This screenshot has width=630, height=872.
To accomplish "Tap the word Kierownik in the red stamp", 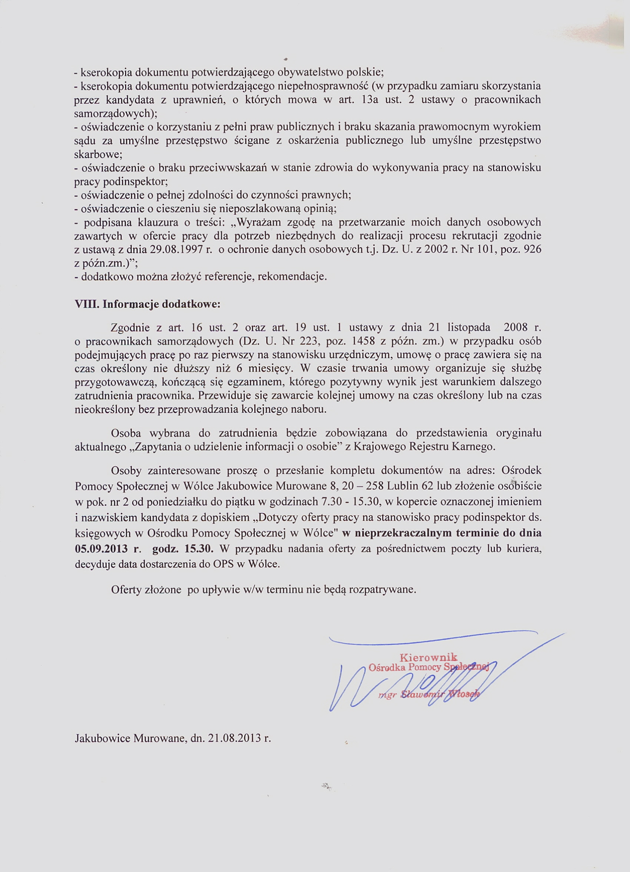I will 428,657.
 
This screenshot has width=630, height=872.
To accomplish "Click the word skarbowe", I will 98,155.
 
